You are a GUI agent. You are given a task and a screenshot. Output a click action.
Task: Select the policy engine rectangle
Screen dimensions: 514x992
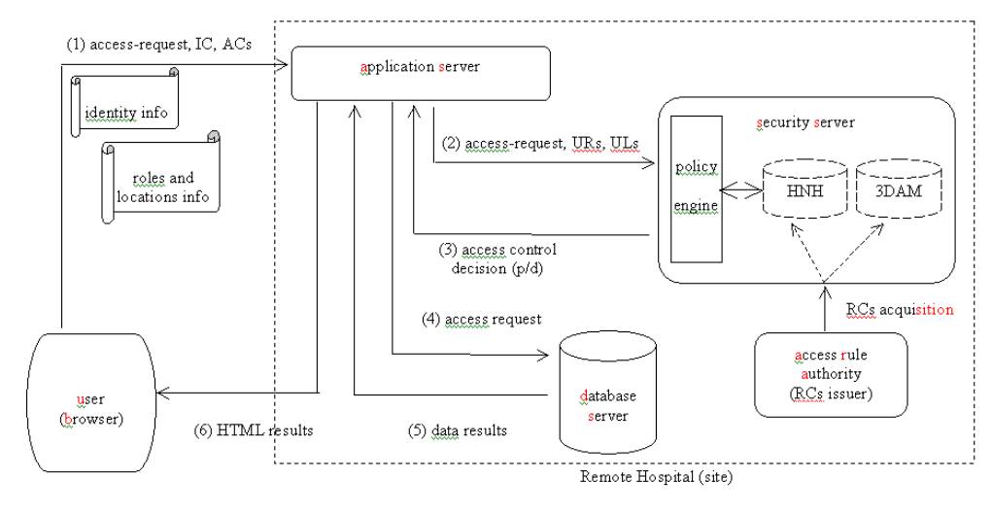tap(698, 188)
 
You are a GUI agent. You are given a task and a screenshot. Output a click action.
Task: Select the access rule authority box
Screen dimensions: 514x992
tap(832, 375)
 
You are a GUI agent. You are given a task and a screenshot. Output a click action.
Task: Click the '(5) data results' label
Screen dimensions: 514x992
tap(459, 428)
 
